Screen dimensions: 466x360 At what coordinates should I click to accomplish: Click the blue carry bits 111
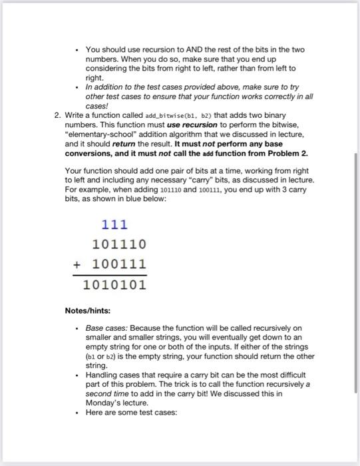tap(114, 225)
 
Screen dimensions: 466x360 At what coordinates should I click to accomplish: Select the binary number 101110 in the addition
tap(120, 244)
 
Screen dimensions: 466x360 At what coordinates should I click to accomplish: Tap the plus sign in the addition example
tap(78, 264)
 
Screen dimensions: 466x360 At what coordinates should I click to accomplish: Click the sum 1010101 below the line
tap(114, 285)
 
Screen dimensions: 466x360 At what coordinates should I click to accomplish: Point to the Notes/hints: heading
tap(87, 310)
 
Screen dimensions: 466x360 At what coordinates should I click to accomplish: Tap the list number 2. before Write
tap(57, 115)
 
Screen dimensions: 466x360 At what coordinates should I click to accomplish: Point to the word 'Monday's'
tap(104, 403)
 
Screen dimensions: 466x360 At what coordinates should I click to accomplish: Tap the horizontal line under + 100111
tap(110, 275)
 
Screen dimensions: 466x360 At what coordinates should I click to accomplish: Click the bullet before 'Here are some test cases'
tap(78, 412)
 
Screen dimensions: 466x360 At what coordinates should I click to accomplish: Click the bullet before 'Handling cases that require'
tap(78, 375)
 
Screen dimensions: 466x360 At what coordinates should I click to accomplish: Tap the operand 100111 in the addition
tap(120, 264)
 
